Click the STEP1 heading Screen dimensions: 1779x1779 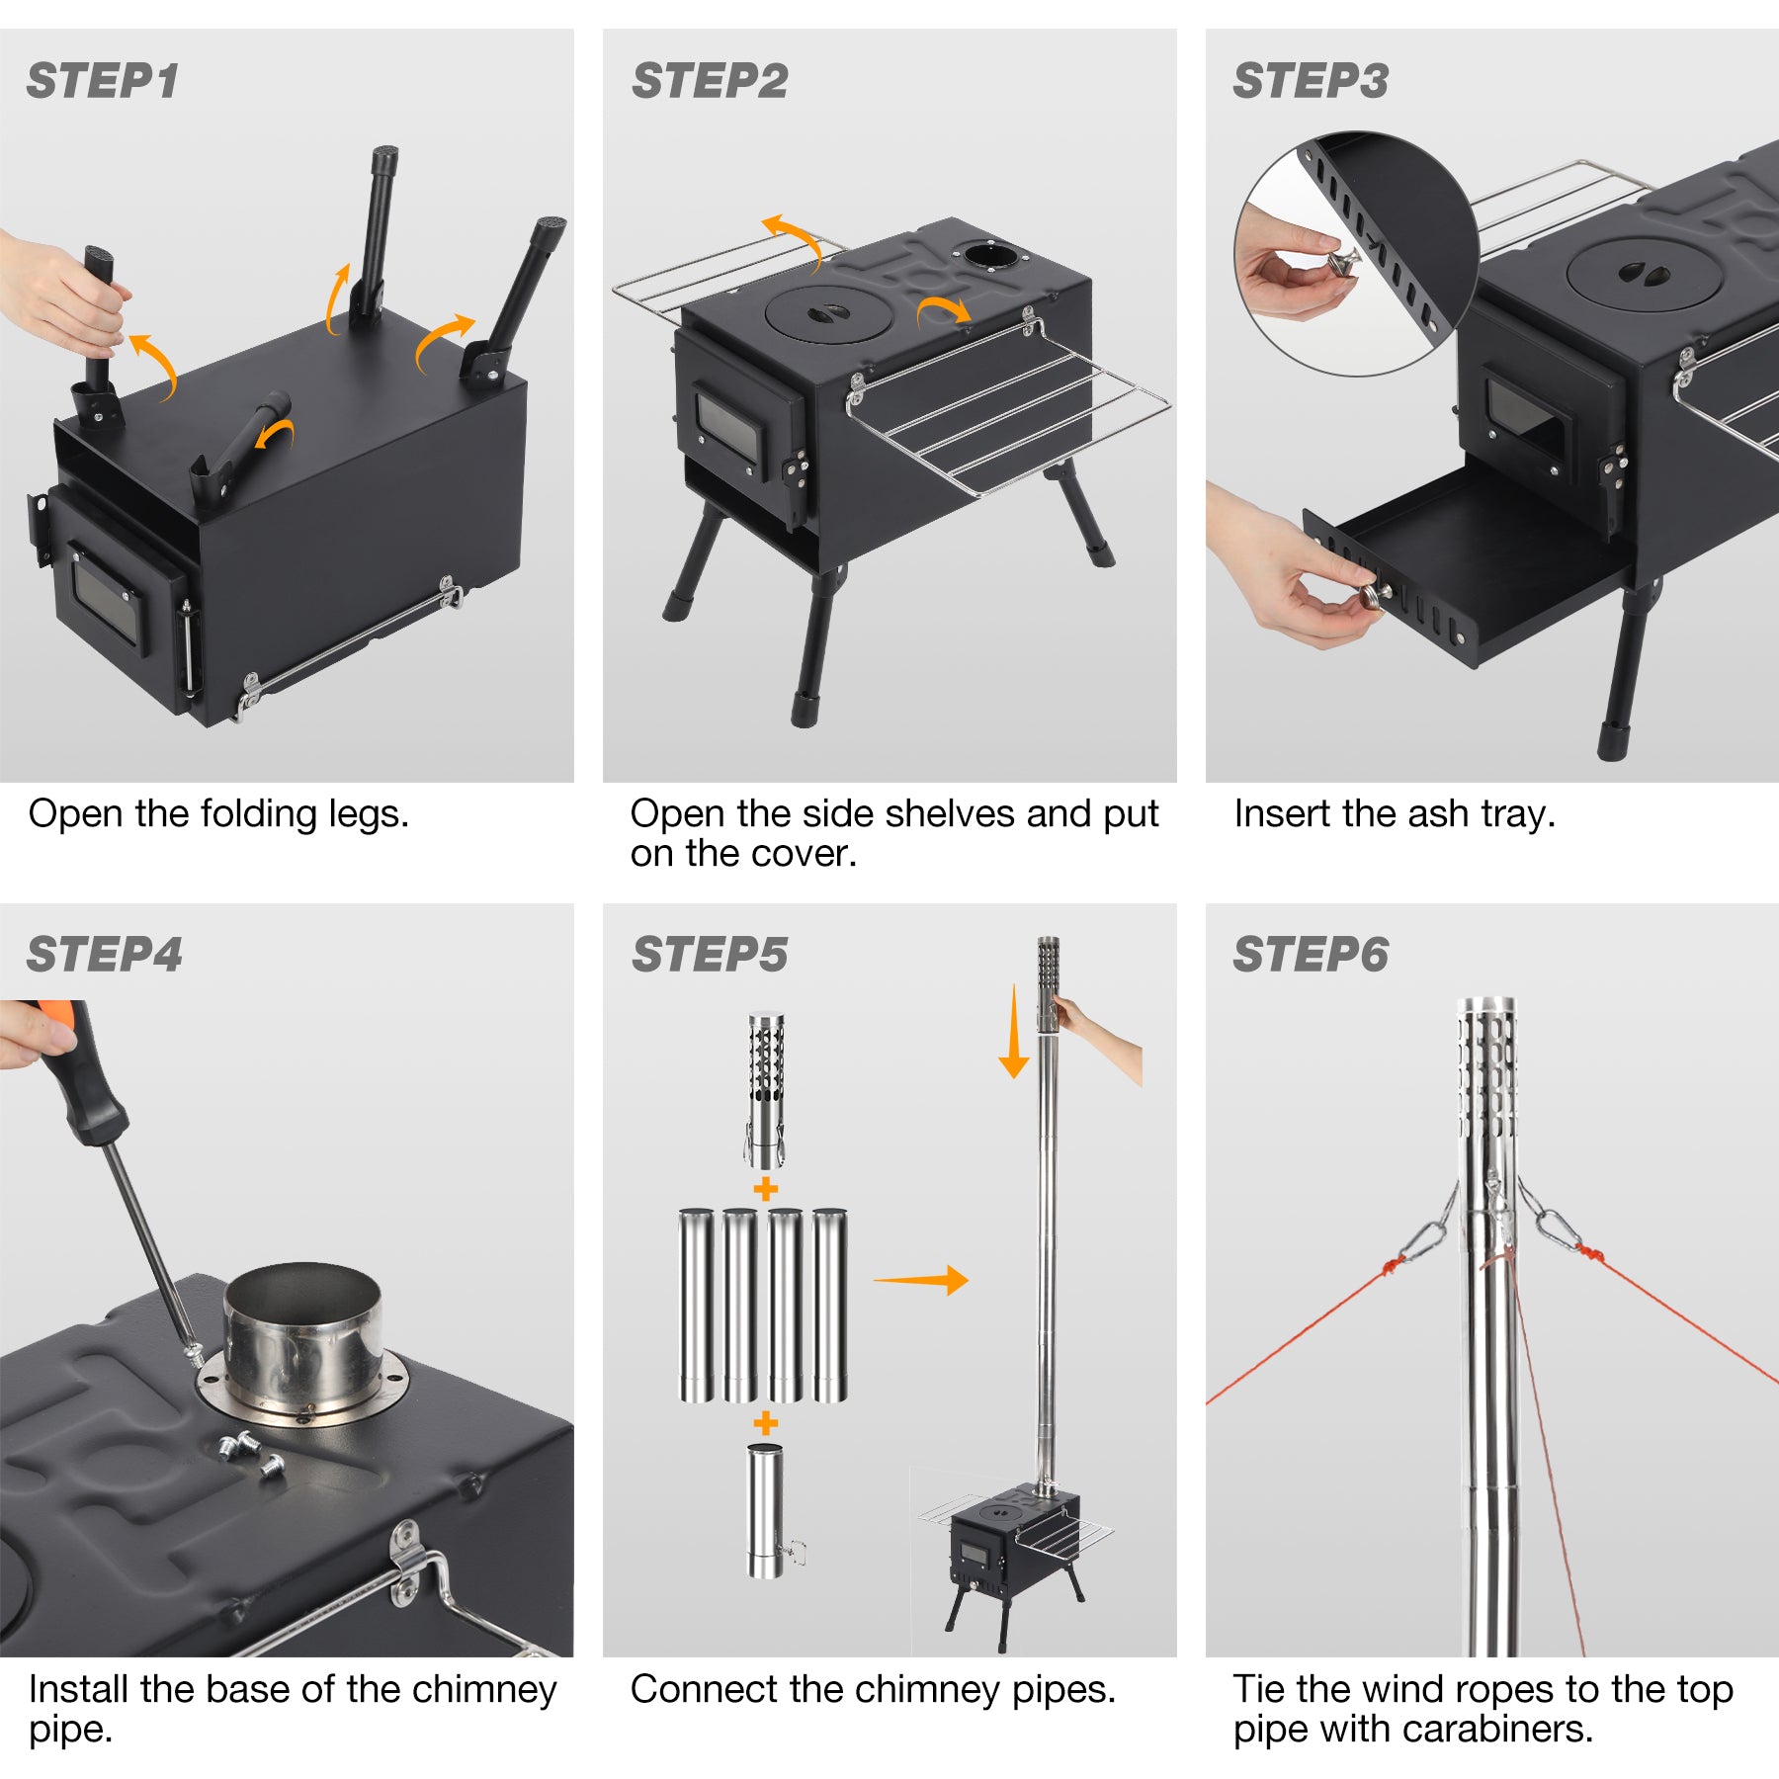click(103, 81)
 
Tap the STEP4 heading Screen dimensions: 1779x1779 click(105, 955)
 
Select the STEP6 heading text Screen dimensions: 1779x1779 click(1311, 955)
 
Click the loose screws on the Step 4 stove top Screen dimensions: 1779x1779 click(247, 1453)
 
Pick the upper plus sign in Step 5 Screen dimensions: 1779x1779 click(765, 1189)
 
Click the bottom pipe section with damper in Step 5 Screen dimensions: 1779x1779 click(764, 1512)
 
